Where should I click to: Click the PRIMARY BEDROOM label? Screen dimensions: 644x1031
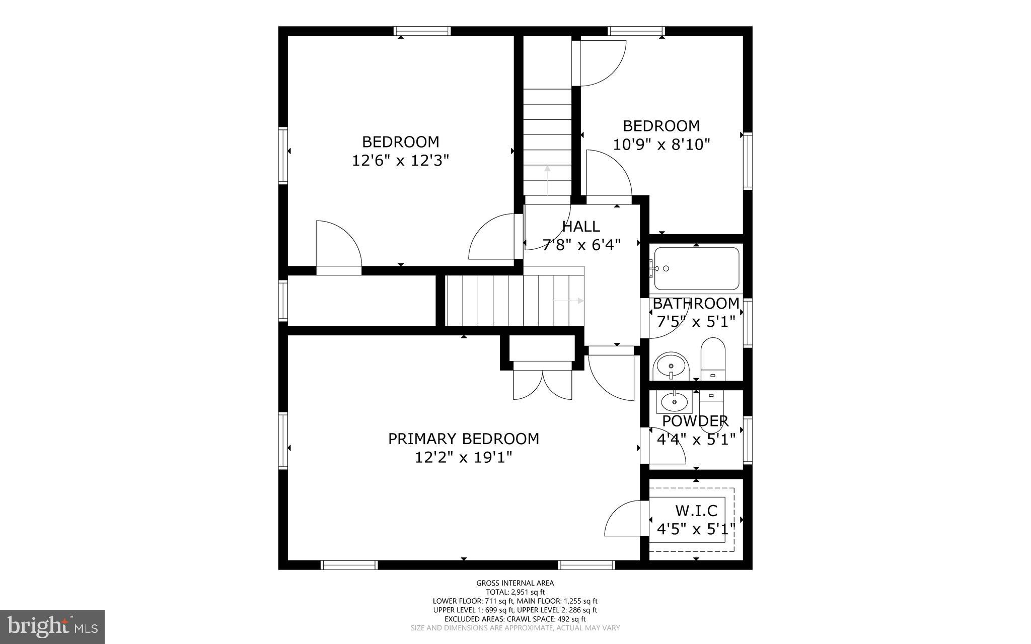pyautogui.click(x=463, y=439)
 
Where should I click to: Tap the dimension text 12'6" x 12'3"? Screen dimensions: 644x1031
pyautogui.click(x=400, y=161)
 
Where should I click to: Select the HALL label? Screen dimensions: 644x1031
pyautogui.click(x=581, y=226)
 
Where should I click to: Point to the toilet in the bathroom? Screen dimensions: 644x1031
pyautogui.click(x=712, y=359)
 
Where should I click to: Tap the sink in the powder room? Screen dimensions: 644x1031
pyautogui.click(x=674, y=402)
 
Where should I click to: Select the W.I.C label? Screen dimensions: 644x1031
pyautogui.click(x=696, y=511)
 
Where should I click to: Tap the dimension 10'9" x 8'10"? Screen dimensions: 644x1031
pyautogui.click(x=661, y=145)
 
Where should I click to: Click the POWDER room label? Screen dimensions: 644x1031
pyautogui.click(x=695, y=421)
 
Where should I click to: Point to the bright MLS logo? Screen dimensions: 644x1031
pyautogui.click(x=52, y=626)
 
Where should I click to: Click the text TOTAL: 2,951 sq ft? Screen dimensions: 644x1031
pyautogui.click(x=515, y=592)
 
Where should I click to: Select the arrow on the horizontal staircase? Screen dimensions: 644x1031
pyautogui.click(x=569, y=301)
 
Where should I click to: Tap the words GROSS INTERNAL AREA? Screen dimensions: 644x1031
pyautogui.click(x=515, y=583)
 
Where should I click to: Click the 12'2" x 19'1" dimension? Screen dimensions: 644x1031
pyautogui.click(x=463, y=458)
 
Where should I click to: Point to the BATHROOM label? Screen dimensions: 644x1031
pyautogui.click(x=696, y=304)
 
